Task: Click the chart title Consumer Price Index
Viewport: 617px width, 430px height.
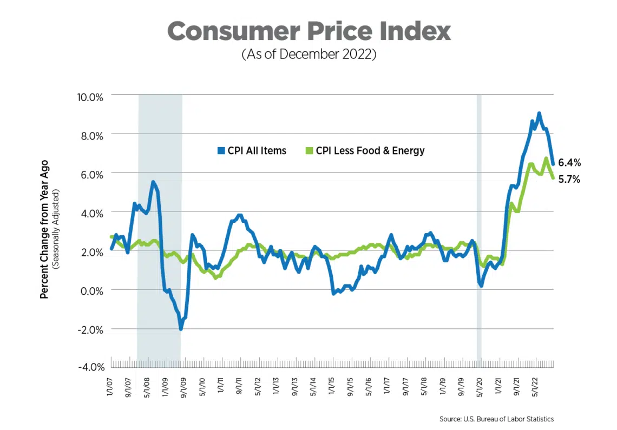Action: tap(308, 31)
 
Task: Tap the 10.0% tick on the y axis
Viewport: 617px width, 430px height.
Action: tap(89, 97)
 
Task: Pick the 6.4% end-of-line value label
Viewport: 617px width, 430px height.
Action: tap(569, 162)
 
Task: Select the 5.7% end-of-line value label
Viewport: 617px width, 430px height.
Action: tap(569, 180)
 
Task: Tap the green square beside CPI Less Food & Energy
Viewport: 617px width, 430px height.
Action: tap(308, 151)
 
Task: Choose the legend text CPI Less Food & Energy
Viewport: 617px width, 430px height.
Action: tap(370, 151)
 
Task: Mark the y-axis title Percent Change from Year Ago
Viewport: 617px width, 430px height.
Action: tap(44, 229)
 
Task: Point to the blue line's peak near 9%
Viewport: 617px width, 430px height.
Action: tap(539, 114)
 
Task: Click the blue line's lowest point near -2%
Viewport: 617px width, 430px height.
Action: tap(181, 328)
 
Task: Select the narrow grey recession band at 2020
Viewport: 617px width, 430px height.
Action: tap(479, 227)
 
